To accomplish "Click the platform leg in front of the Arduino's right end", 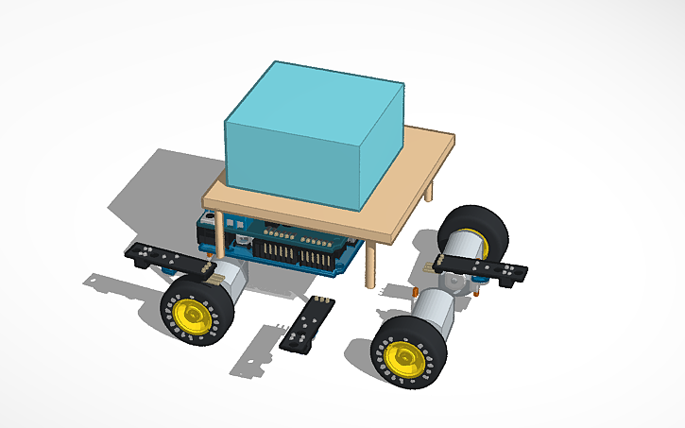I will (369, 265).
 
